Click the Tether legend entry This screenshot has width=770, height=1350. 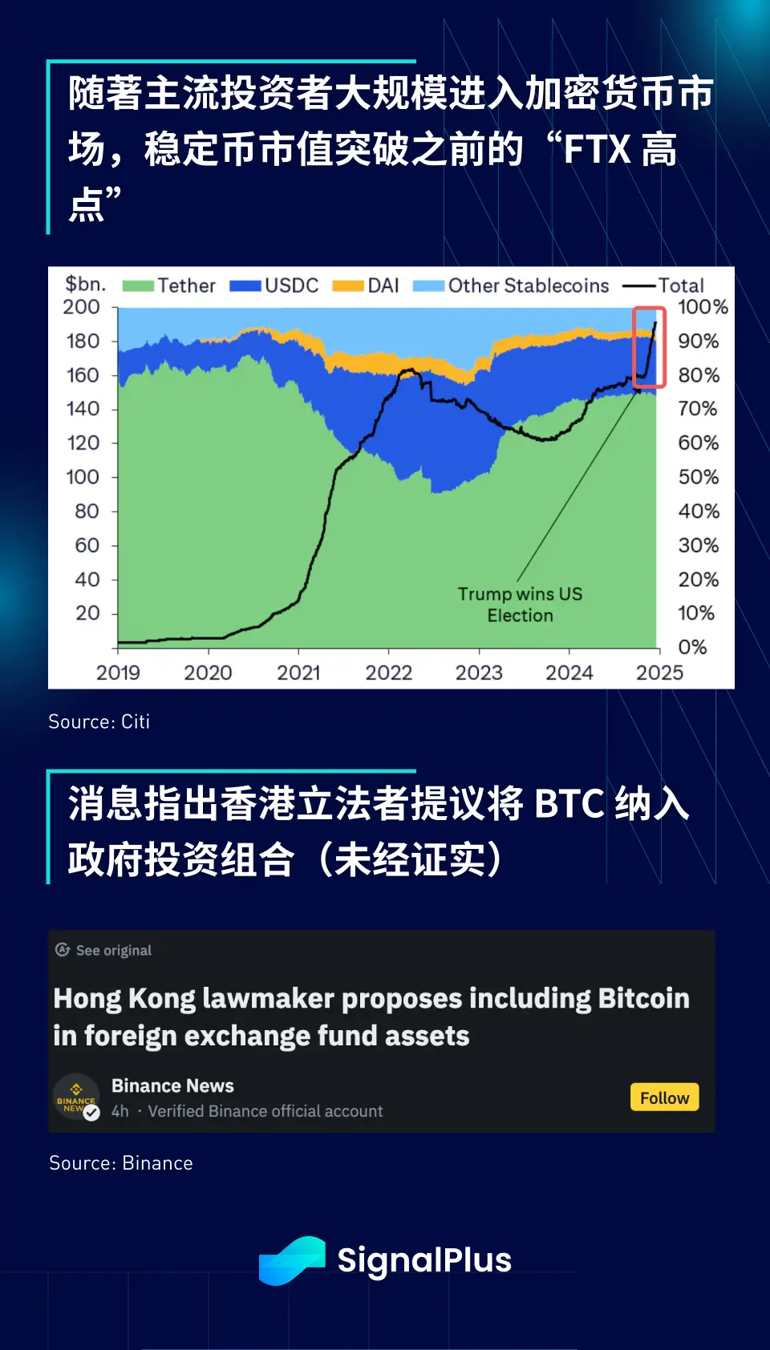pos(169,286)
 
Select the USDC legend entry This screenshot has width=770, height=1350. pos(274,286)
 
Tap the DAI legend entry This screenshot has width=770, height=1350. pos(366,286)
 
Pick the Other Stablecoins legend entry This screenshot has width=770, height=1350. pos(511,286)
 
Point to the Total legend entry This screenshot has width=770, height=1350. pos(664,286)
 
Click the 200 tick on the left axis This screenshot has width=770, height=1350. pos(82,307)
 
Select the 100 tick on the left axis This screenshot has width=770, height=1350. pos(83,477)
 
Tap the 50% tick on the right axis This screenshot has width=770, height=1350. pos(699,477)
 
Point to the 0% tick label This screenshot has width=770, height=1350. pos(692,647)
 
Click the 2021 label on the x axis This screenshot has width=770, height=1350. pos(298,673)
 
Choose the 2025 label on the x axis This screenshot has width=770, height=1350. pos(659,673)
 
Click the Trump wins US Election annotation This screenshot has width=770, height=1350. pos(520,604)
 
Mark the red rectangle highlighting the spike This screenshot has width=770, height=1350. pos(650,347)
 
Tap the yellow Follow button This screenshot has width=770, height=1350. pos(664,1097)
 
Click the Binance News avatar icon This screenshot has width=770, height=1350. pos(76,1097)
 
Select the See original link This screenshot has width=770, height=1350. pos(103,950)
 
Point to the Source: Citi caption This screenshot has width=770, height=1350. pos(99,721)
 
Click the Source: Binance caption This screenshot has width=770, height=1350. pos(120,1163)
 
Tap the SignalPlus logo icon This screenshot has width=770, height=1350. pos(292,1260)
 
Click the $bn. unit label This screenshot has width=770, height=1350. pos(85,284)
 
